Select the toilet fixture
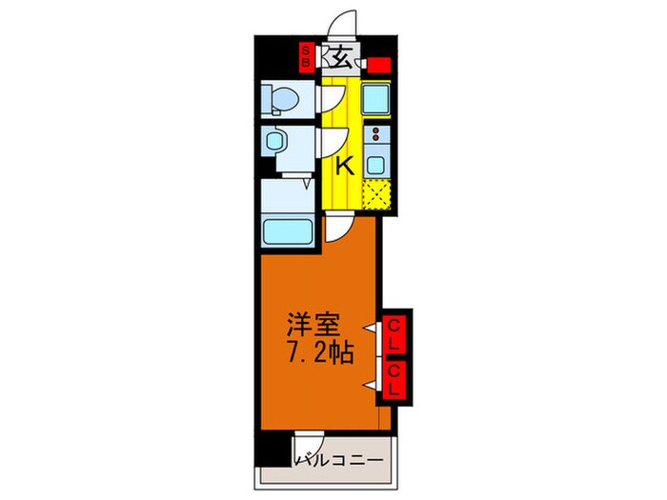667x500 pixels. (x=281, y=99)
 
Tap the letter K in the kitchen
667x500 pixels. (x=344, y=165)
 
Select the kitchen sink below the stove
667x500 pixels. (x=377, y=162)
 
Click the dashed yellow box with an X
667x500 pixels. (x=377, y=195)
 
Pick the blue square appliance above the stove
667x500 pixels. (x=375, y=98)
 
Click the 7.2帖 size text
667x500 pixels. (x=320, y=355)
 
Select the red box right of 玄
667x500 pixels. (x=379, y=66)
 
